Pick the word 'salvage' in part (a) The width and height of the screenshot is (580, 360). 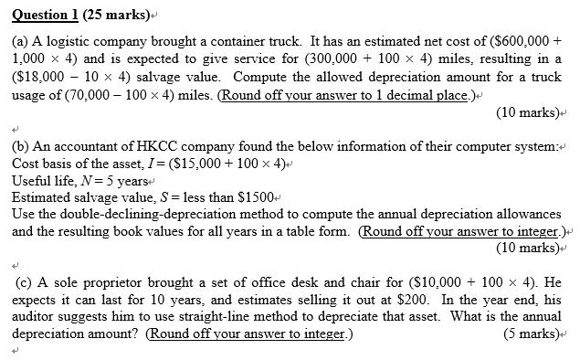[x=184, y=79]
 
